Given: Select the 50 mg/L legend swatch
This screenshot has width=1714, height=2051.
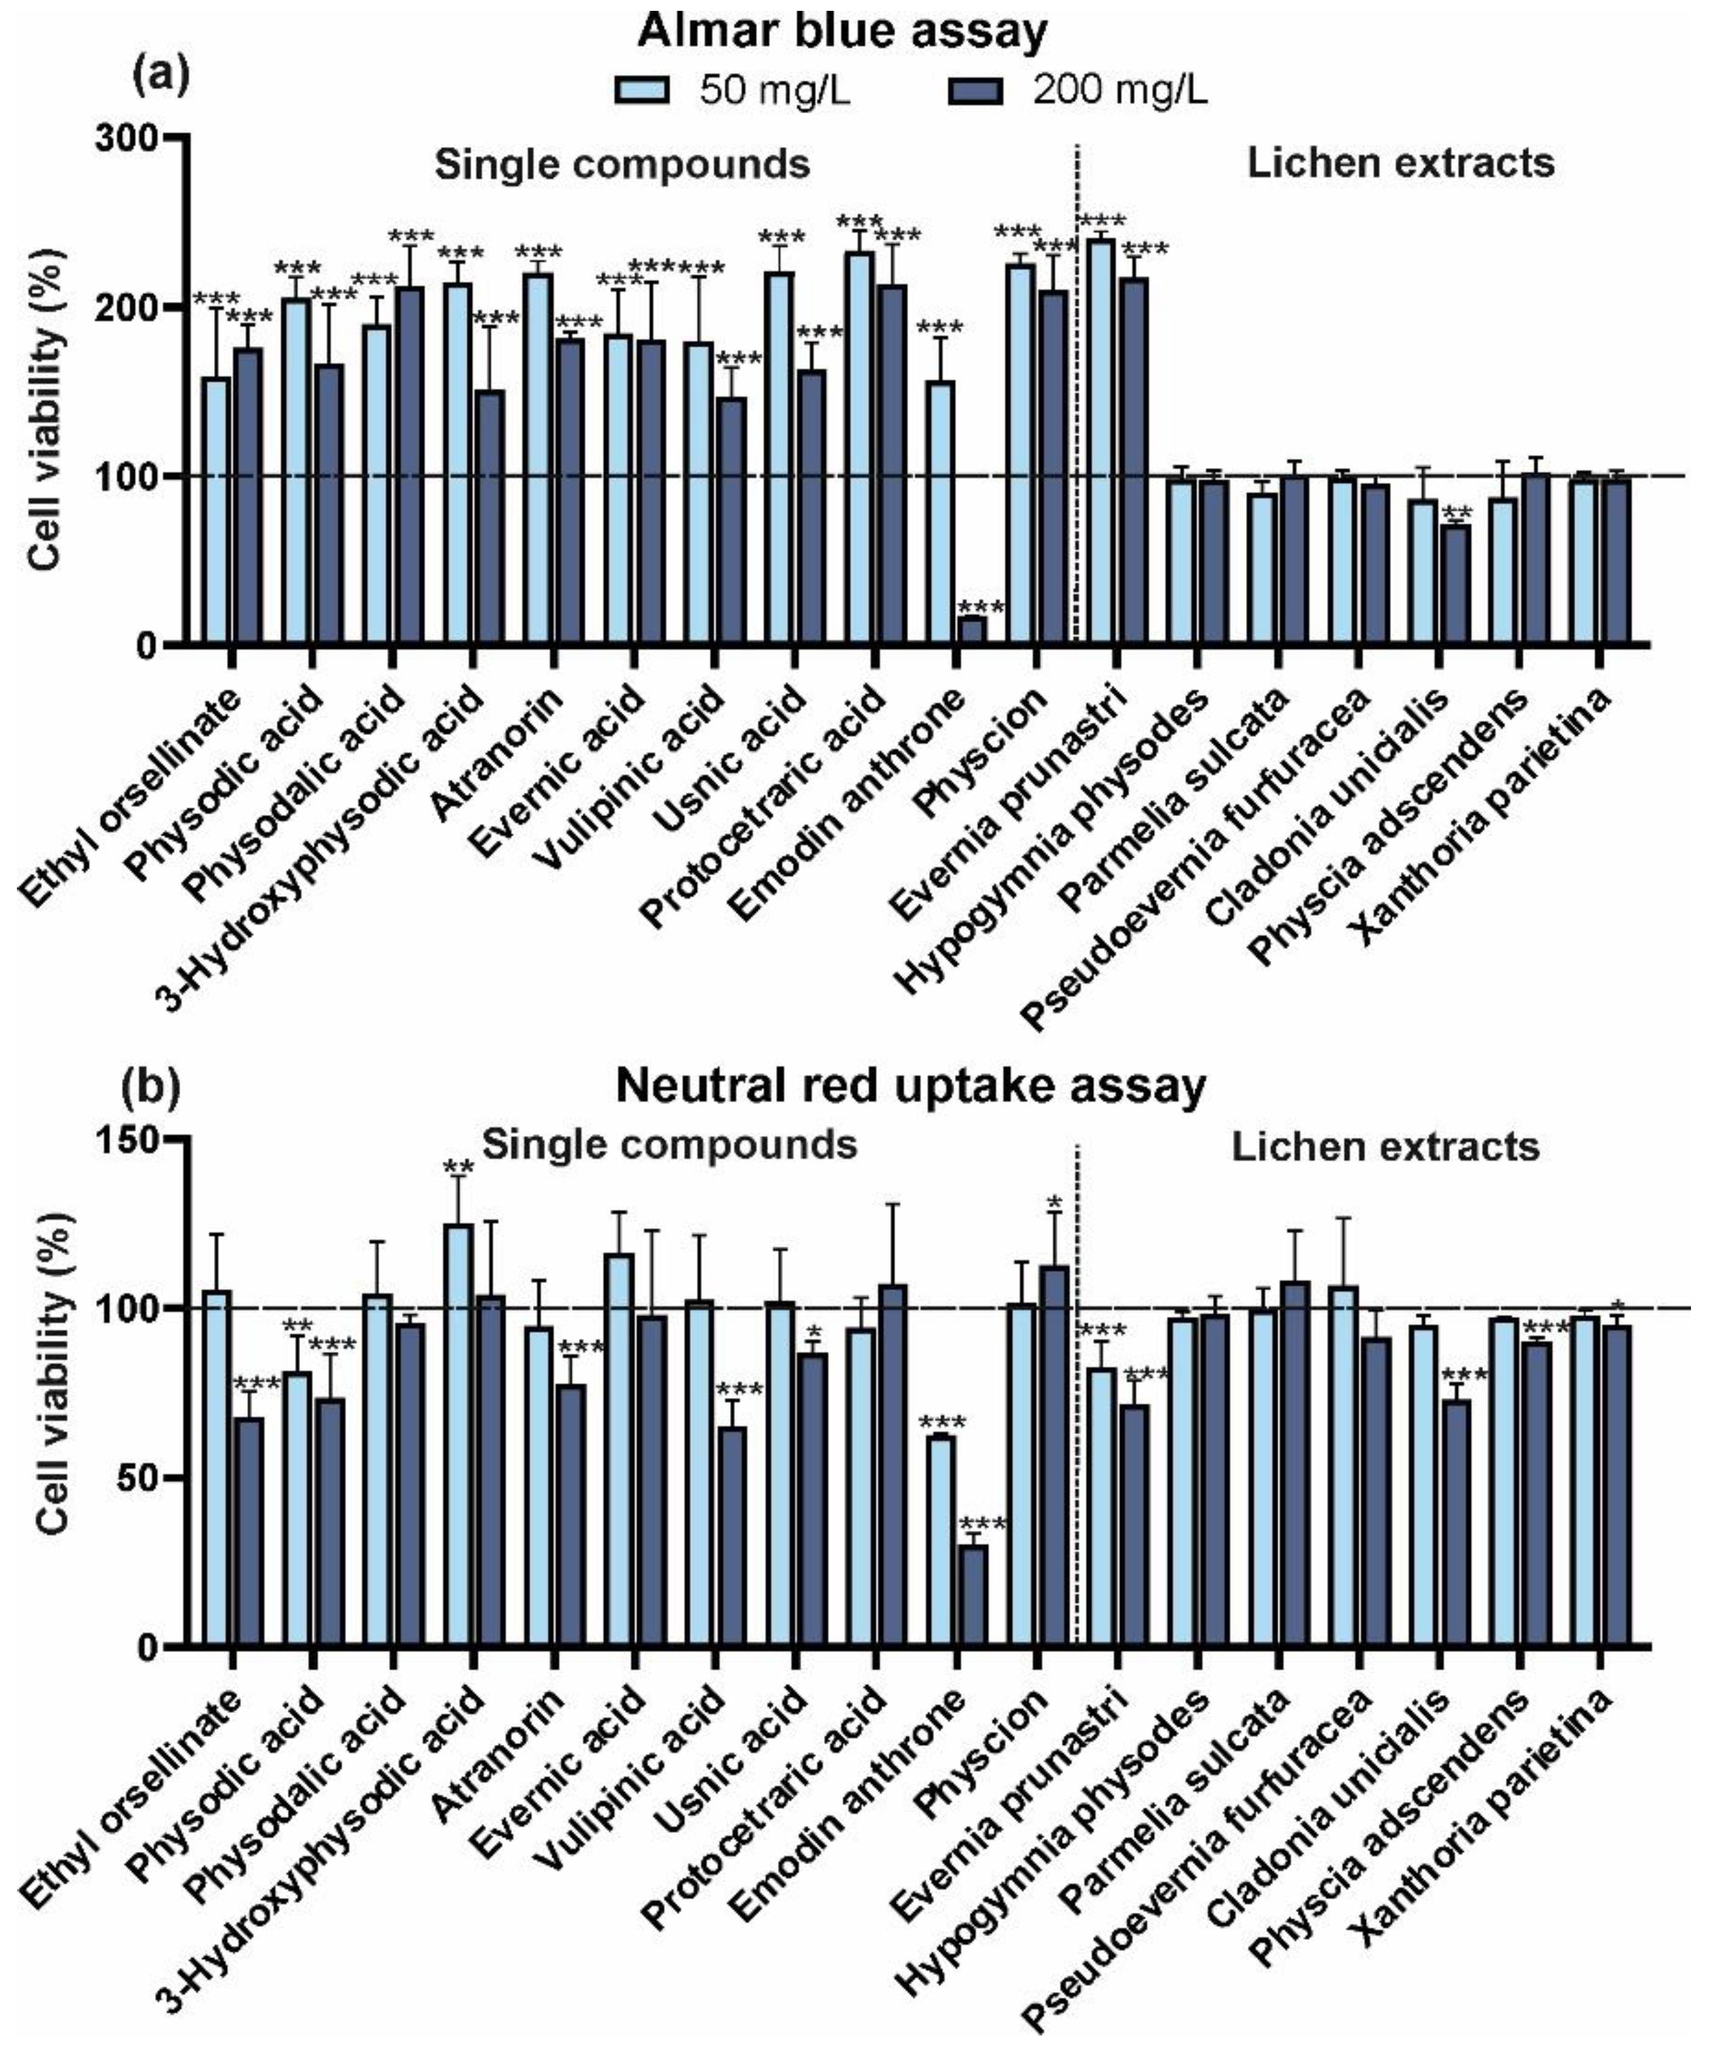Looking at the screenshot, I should pyautogui.click(x=642, y=91).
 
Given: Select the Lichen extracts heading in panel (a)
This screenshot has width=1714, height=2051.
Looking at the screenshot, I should pyautogui.click(x=1400, y=163).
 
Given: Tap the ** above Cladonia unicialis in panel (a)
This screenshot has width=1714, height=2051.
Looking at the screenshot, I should pyautogui.click(x=1457, y=513).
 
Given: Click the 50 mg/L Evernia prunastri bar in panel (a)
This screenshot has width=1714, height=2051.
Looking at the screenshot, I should pyautogui.click(x=1102, y=442).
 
